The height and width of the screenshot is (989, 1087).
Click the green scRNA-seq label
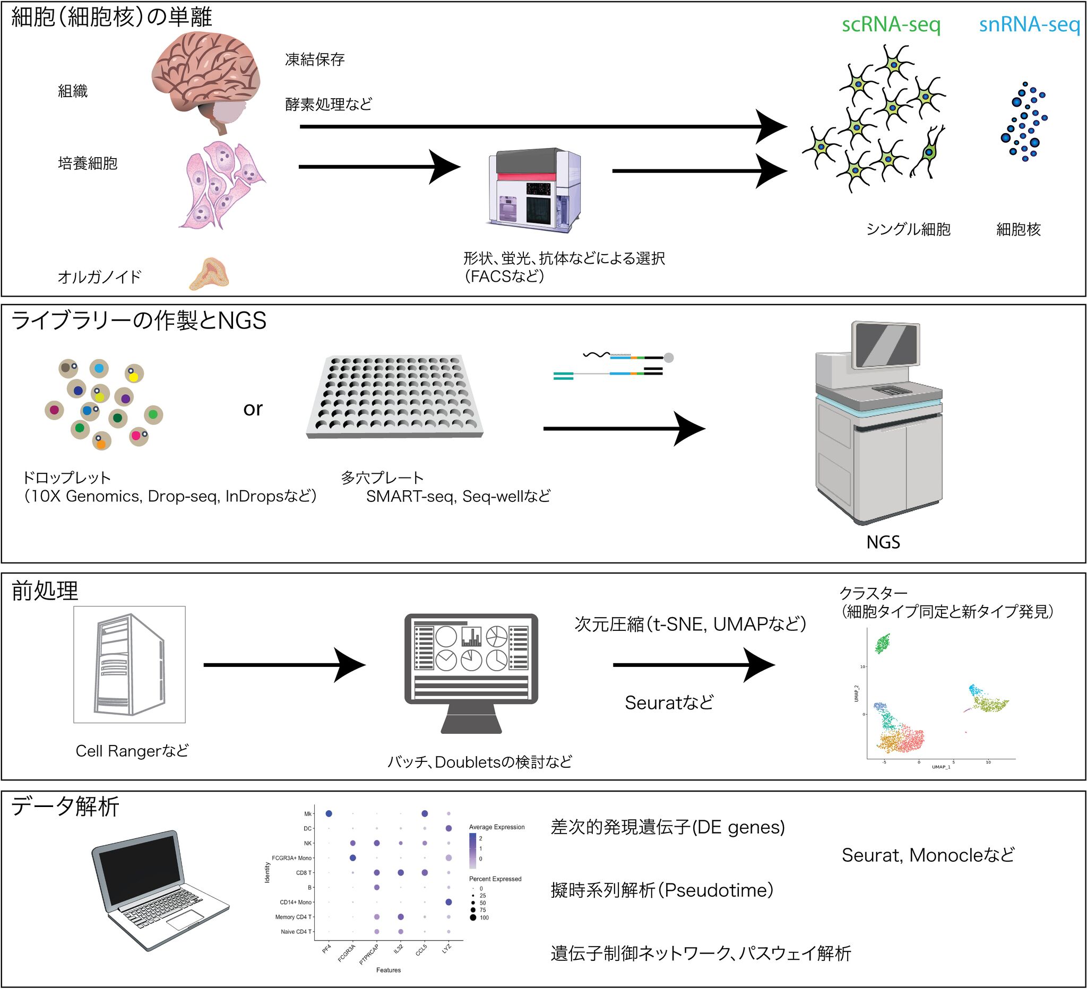[891, 25]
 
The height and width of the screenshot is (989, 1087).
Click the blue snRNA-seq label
[1029, 25]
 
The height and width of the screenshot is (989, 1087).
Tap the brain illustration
[206, 80]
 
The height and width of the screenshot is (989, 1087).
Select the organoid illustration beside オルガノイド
[209, 274]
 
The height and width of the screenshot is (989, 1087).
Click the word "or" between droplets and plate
[252, 409]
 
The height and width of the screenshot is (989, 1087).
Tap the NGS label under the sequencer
[883, 542]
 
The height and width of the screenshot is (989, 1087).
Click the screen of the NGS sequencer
[885, 345]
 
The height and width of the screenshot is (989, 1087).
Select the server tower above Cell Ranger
[130, 664]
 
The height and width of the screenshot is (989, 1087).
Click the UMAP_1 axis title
[941, 766]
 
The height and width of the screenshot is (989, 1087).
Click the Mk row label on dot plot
[308, 814]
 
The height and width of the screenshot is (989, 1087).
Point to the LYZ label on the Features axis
[446, 949]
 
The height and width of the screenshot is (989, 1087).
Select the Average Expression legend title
[497, 827]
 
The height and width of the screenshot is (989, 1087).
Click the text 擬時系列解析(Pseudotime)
[661, 890]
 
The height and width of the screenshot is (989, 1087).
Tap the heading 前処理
[45, 591]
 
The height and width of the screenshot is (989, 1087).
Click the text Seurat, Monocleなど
[927, 855]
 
